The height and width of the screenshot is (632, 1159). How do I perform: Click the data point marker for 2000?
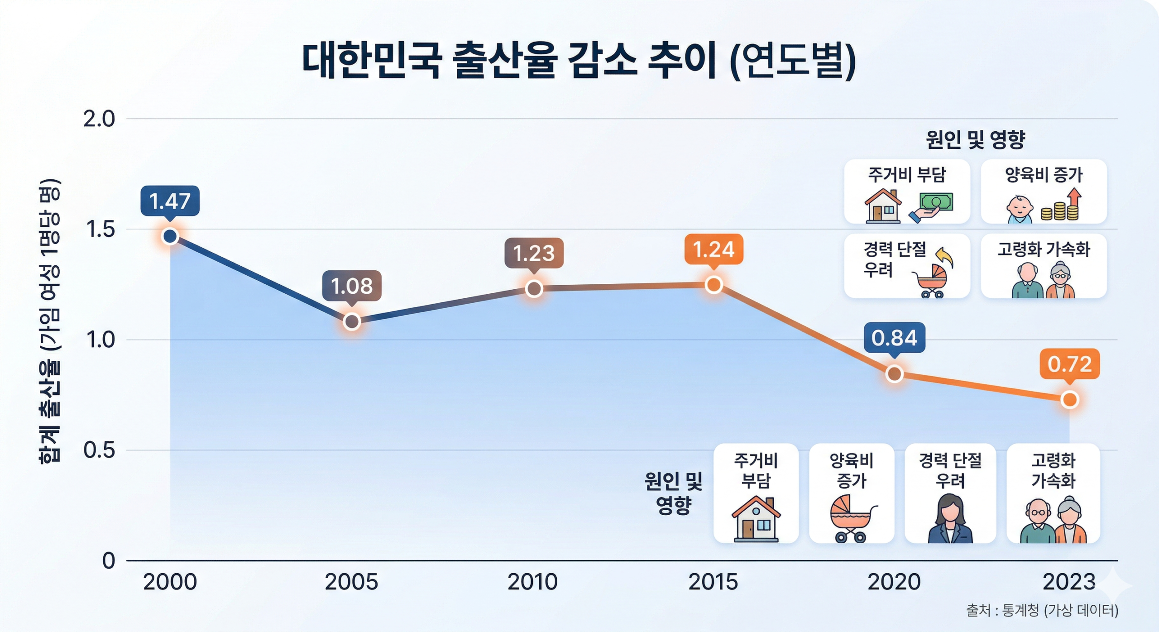pyautogui.click(x=170, y=236)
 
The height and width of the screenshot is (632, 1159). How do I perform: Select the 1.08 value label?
pyautogui.click(x=352, y=286)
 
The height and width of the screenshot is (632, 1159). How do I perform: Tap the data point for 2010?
pyautogui.click(x=534, y=288)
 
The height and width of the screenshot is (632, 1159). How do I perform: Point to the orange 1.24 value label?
pyautogui.click(x=714, y=249)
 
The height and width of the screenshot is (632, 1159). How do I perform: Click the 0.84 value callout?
pyautogui.click(x=894, y=338)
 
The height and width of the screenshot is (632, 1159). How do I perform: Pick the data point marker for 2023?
pyautogui.click(x=1070, y=400)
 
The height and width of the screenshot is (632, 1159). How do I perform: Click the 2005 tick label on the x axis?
pyautogui.click(x=351, y=582)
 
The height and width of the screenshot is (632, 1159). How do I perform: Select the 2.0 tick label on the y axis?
pyautogui.click(x=99, y=119)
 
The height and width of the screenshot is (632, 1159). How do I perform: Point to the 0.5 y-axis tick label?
pyautogui.click(x=99, y=450)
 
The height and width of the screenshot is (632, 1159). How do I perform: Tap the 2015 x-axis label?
pyautogui.click(x=713, y=582)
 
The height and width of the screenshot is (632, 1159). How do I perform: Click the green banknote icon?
pyautogui.click(x=936, y=202)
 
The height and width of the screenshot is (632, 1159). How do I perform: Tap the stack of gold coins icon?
pyautogui.click(x=1059, y=211)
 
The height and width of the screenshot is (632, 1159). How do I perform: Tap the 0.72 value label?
pyautogui.click(x=1069, y=364)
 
